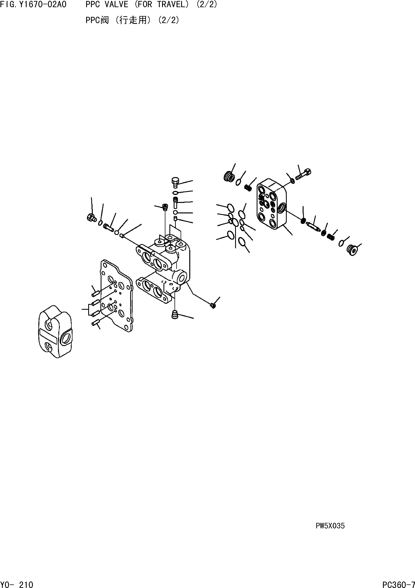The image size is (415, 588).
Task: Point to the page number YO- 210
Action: [17, 584]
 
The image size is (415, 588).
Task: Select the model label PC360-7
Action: [398, 584]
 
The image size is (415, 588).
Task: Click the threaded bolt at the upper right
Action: [304, 174]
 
